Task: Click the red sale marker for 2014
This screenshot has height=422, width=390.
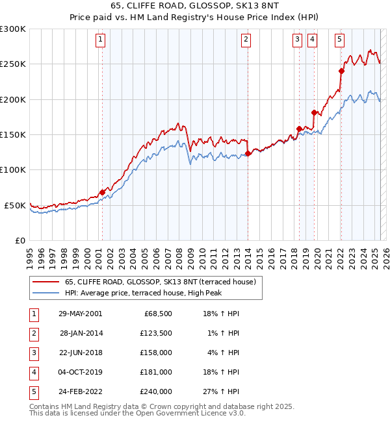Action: (248, 154)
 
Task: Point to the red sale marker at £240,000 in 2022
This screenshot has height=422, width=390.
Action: (341, 71)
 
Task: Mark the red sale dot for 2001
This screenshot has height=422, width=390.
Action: (102, 192)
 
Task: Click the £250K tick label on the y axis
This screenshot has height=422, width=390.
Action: (13, 64)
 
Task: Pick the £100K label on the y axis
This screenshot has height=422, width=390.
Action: (13, 169)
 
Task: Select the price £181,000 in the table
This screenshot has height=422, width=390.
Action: (156, 372)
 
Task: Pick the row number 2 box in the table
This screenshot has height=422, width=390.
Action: (33, 333)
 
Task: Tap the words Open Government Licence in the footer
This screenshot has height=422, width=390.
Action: (188, 413)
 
